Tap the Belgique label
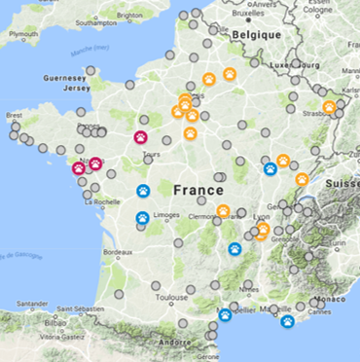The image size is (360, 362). point(256,34)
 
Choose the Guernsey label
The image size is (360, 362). point(65,76)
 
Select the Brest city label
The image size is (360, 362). point(14,115)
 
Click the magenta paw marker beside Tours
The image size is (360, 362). point(140,138)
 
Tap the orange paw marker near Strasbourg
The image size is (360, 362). point(330,107)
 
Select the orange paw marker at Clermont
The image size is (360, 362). point(223,211)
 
